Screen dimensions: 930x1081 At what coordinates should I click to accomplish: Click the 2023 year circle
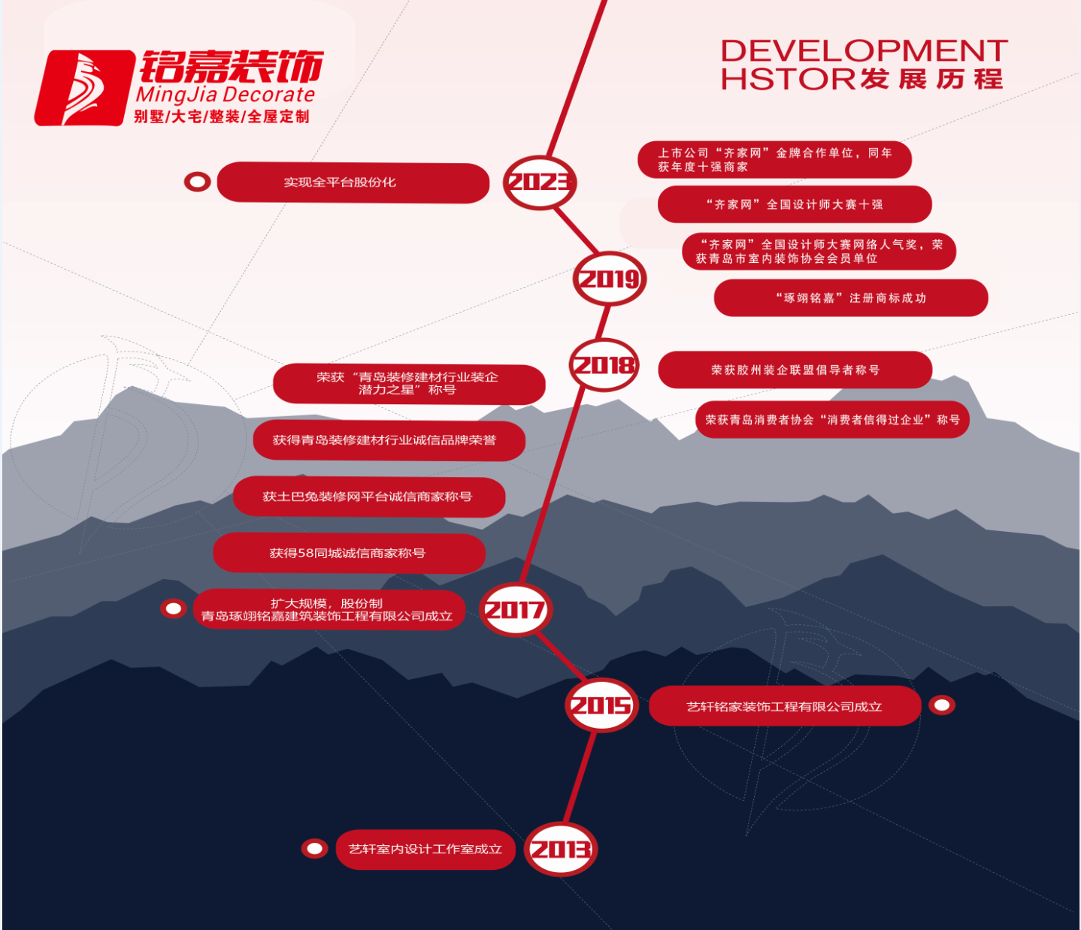539,183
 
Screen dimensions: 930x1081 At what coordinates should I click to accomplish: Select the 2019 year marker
610,279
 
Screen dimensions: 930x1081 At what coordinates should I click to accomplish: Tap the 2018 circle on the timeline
604,365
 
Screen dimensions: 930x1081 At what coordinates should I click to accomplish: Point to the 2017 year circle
515,609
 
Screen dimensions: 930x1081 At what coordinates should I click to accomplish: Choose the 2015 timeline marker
601,705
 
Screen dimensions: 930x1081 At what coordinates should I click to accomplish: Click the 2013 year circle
560,850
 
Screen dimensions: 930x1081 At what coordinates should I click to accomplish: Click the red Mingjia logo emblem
81,88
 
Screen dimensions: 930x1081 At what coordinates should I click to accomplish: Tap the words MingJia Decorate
225,95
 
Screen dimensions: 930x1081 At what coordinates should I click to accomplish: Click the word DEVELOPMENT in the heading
864,51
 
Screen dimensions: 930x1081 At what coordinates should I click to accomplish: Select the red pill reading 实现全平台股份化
353,183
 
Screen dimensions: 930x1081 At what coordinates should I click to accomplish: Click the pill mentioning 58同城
348,554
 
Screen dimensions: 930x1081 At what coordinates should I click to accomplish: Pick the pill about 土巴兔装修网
368,497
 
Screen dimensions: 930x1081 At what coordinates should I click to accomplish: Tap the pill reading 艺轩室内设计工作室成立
425,850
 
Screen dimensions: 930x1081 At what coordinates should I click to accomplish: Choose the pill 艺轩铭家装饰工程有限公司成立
784,706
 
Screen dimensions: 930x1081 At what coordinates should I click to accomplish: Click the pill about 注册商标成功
850,298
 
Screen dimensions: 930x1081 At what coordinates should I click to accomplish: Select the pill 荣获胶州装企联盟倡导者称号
795,370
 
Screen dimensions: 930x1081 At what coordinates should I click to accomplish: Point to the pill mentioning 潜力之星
408,384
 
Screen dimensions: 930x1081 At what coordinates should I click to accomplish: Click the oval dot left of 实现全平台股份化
198,182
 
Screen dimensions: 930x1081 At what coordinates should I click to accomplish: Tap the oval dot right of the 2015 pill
942,705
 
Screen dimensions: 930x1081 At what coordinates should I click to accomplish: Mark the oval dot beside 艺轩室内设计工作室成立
314,849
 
